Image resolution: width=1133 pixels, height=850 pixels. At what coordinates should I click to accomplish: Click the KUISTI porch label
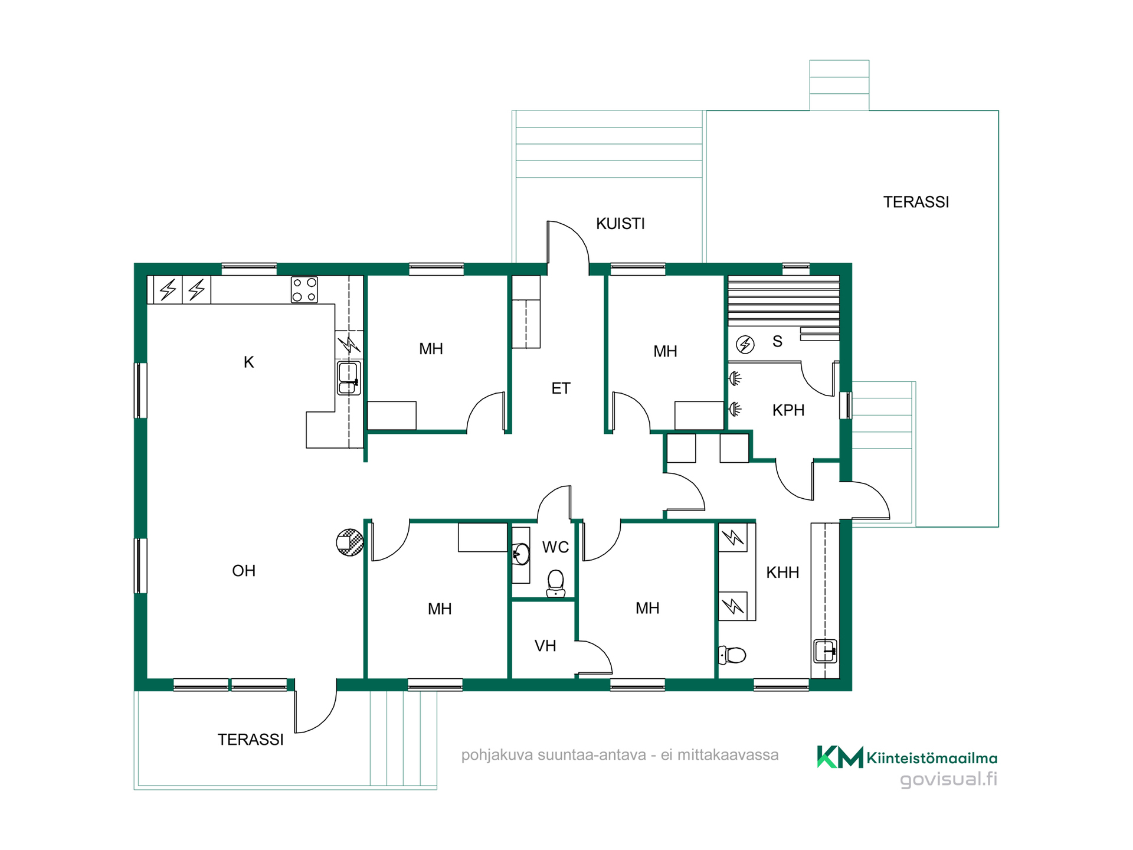tap(620, 224)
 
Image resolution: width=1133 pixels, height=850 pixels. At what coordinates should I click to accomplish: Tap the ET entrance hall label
tap(561, 388)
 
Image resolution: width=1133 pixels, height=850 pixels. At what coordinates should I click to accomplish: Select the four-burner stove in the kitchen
tap(304, 290)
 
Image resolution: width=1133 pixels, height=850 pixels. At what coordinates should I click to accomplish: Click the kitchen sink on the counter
tap(349, 378)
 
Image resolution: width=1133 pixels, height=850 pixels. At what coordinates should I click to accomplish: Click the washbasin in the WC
tap(521, 554)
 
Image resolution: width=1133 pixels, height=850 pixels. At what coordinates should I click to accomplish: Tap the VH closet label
tap(545, 646)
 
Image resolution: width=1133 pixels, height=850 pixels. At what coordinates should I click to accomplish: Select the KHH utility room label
tap(782, 572)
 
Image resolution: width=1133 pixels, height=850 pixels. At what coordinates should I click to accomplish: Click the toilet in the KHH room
tap(732, 655)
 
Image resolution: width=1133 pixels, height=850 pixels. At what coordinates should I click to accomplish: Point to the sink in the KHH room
tap(825, 652)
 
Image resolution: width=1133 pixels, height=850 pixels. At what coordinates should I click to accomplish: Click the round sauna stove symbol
tap(745, 344)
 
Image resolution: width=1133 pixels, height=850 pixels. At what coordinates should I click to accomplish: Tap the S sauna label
tap(777, 341)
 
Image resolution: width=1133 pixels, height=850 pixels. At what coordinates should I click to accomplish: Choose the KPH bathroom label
tap(788, 410)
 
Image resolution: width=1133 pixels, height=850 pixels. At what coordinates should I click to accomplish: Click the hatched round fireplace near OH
tap(350, 542)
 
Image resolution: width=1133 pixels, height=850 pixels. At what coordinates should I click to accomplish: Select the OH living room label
tap(244, 571)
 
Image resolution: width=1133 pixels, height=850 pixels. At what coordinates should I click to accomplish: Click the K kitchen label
tap(249, 362)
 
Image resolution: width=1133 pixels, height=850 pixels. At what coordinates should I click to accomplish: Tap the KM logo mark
tap(840, 757)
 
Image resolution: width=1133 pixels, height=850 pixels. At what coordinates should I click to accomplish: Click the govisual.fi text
tap(948, 779)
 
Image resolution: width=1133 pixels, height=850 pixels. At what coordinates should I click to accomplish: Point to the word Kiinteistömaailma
tap(932, 759)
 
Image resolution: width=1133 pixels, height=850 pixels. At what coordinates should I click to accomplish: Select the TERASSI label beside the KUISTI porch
tap(916, 202)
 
